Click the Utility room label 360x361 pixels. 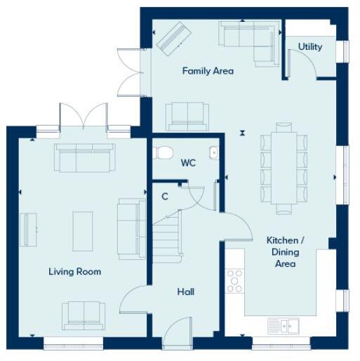(x=310, y=47)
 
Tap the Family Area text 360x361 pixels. (x=208, y=71)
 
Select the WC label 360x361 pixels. (x=188, y=163)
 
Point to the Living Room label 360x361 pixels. (x=74, y=271)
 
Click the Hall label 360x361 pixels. (x=186, y=291)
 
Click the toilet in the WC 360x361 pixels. (x=166, y=152)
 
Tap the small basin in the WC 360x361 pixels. (x=214, y=152)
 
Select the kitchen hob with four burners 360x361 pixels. (x=234, y=281)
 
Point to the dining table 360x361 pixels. (x=284, y=167)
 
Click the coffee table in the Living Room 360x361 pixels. (x=84, y=229)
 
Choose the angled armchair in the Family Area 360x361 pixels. (x=172, y=38)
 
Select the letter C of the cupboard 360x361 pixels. (x=165, y=196)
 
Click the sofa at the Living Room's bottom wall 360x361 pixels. (x=84, y=313)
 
